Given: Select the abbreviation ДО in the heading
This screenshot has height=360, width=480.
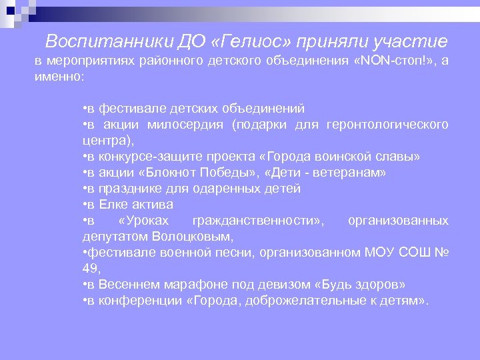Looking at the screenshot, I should click(x=188, y=42).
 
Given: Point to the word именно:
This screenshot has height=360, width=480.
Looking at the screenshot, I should click(x=60, y=77).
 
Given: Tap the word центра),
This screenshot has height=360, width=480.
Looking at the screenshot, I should click(x=109, y=141).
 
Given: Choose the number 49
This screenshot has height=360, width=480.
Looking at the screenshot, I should click(x=90, y=269).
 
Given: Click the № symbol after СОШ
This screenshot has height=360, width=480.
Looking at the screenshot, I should click(x=441, y=253).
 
